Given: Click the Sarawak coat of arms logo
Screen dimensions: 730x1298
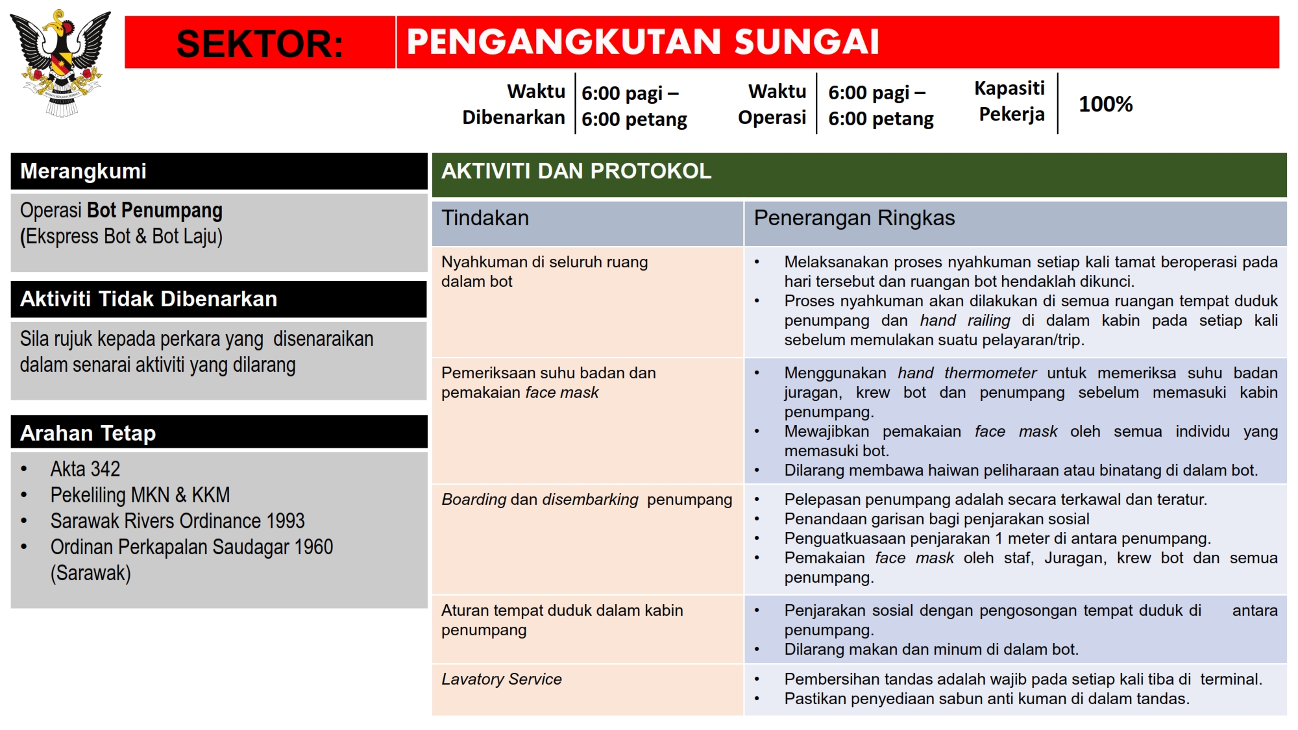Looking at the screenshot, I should click(x=60, y=62).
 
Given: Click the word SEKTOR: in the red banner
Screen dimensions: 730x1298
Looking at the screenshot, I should click(x=260, y=43).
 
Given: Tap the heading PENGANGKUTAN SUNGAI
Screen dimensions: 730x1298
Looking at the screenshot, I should click(x=643, y=42).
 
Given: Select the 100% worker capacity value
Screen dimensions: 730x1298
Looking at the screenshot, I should click(x=1105, y=104).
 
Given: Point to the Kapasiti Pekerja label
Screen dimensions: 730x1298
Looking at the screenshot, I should click(x=1010, y=101).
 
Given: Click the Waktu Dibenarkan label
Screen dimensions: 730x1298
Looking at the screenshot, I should click(x=514, y=104).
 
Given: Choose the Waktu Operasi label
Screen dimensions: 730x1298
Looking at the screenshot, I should click(x=772, y=104).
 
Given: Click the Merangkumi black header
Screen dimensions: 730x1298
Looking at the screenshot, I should click(x=83, y=171).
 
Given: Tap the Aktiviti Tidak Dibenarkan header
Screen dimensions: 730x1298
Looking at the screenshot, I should click(x=149, y=299).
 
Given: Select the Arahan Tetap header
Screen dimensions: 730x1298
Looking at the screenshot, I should click(x=88, y=433).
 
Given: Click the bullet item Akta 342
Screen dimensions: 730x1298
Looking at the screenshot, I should click(x=85, y=469).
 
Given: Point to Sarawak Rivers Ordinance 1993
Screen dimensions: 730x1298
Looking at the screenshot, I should click(x=177, y=521).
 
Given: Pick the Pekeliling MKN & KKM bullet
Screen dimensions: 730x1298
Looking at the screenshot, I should click(x=140, y=495).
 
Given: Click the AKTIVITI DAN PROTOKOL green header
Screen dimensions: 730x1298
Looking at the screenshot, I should click(x=576, y=171).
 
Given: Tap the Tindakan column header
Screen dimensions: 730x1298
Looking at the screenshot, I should click(x=485, y=218).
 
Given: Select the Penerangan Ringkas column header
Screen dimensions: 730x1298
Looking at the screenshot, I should click(x=854, y=218).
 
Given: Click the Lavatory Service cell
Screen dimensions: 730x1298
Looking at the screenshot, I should click(x=502, y=679).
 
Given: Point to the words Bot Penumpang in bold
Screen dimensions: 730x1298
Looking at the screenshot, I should click(x=154, y=210).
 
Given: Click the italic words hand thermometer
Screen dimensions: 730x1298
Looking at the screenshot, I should click(x=967, y=373).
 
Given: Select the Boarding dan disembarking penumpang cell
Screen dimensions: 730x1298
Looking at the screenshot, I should click(x=587, y=500).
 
